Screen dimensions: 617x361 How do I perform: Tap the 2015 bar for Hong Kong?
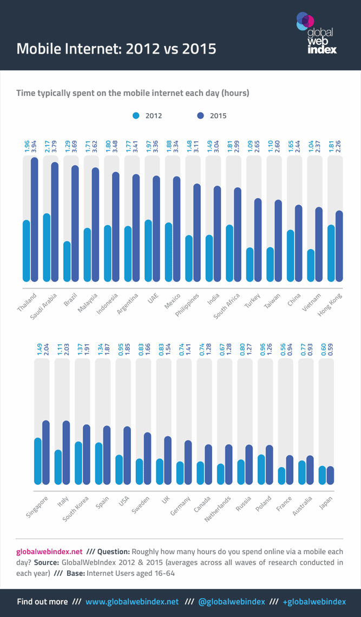[x=339, y=246]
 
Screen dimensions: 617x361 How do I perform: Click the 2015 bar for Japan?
[x=331, y=475]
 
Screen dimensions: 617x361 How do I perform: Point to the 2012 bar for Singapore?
[x=37, y=461]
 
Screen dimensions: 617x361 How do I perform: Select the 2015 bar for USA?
[x=127, y=455]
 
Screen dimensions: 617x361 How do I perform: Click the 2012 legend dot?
[x=136, y=115]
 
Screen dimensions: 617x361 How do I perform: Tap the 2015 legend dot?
[x=200, y=115]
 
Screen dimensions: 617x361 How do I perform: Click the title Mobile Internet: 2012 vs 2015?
[x=116, y=49]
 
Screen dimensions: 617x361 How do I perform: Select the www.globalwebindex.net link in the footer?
[x=132, y=602]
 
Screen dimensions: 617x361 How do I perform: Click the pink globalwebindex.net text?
[x=49, y=552]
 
